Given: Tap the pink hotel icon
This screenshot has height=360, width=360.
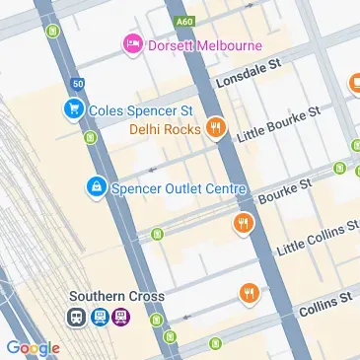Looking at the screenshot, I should (x=129, y=43).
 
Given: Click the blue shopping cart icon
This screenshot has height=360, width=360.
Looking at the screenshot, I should (x=72, y=110).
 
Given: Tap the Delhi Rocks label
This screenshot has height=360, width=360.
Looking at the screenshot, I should (x=166, y=128).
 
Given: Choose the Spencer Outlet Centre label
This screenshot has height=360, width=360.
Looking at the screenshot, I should (x=178, y=185).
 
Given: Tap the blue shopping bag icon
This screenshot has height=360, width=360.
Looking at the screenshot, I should (x=96, y=185).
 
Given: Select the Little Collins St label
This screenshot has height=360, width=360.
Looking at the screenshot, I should (x=317, y=238).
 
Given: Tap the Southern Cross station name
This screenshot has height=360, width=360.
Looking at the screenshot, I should (x=116, y=296).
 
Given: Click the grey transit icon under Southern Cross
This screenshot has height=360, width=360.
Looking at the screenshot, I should (x=77, y=318).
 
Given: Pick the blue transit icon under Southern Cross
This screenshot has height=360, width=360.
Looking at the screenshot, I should (x=99, y=318).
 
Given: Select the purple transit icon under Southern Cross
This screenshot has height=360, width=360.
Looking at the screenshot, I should (x=120, y=318).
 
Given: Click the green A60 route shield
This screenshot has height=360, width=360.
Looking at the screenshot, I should (x=180, y=20).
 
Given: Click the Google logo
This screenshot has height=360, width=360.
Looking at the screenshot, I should (x=32, y=347).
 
